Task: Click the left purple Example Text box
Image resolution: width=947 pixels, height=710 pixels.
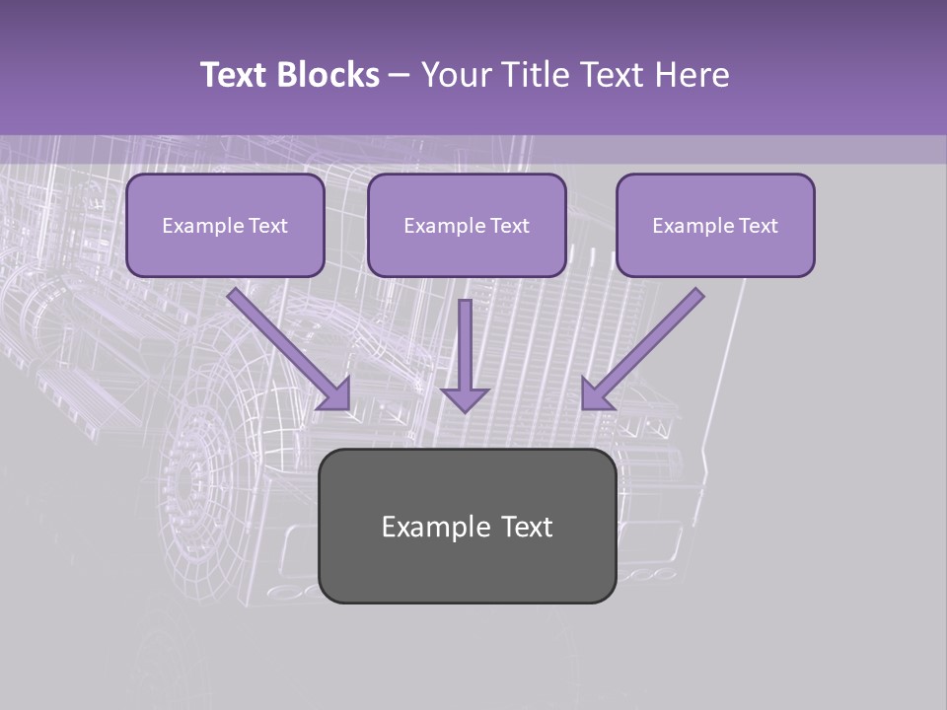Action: coord(225,226)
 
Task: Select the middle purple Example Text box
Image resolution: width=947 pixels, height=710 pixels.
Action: coord(467,226)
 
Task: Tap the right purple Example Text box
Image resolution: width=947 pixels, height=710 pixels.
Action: coord(715,226)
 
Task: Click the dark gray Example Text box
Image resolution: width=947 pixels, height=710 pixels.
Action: coord(467,526)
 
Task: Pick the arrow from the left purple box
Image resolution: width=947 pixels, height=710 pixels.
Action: coord(286,345)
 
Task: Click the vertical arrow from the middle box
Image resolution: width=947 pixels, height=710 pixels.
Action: coord(465,350)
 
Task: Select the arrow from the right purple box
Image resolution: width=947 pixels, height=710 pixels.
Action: coord(646,345)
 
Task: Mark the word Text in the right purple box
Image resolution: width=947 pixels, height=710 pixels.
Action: coord(757,226)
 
